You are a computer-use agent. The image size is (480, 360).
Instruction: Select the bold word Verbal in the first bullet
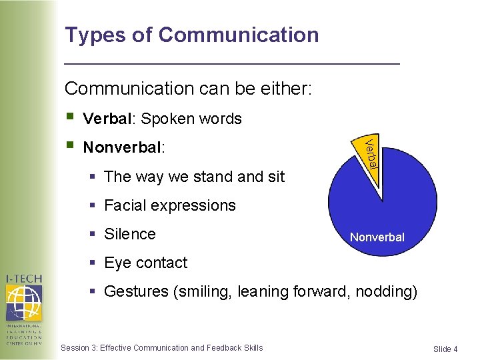point(107,119)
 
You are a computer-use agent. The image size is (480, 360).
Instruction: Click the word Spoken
point(164,119)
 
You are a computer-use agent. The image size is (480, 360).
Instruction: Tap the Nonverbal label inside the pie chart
point(377,237)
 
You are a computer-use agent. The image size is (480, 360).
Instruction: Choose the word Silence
point(130,234)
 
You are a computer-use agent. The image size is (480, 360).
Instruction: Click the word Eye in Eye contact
point(117,263)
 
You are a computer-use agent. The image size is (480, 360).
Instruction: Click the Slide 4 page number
point(445,349)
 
